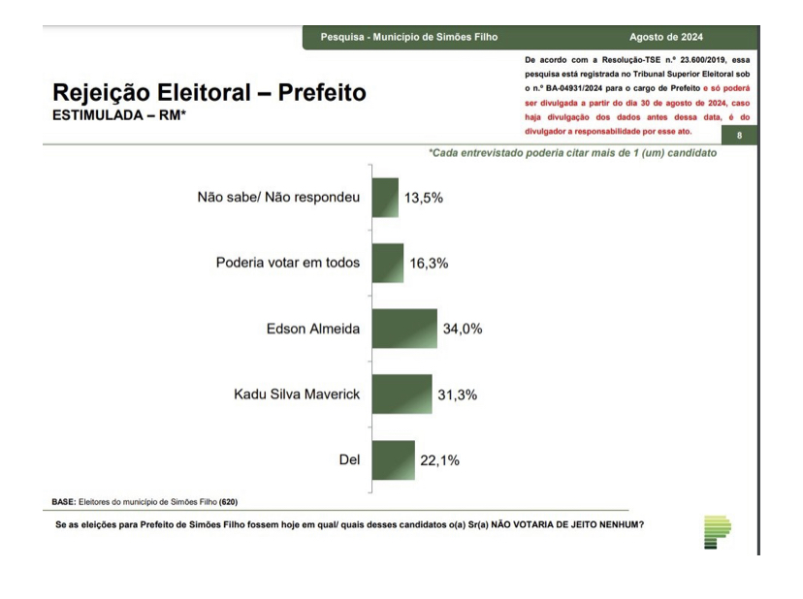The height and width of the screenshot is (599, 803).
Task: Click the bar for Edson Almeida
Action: [x=404, y=329]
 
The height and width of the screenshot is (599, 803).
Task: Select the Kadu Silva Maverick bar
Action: [x=401, y=394]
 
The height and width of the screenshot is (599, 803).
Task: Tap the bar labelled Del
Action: [x=393, y=459]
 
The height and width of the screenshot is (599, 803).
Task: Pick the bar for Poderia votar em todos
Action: [x=387, y=263]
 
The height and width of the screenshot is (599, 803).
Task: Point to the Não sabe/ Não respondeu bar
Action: [x=385, y=198]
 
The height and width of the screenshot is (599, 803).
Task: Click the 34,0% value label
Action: [x=463, y=329]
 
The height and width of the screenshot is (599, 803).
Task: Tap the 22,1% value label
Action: [x=439, y=459]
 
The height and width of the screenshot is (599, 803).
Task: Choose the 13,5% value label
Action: [x=424, y=198]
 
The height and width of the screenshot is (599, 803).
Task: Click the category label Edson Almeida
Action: [x=312, y=329]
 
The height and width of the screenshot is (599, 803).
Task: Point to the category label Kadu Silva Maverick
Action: [x=297, y=394]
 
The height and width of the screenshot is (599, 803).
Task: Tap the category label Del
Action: [x=348, y=459]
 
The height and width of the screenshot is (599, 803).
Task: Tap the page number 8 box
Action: [x=739, y=135]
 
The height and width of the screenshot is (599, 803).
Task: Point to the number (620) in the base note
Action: [x=228, y=501]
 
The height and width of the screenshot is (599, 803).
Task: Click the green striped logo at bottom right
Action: [x=717, y=532]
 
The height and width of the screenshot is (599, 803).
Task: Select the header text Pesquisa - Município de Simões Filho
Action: [x=409, y=37]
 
